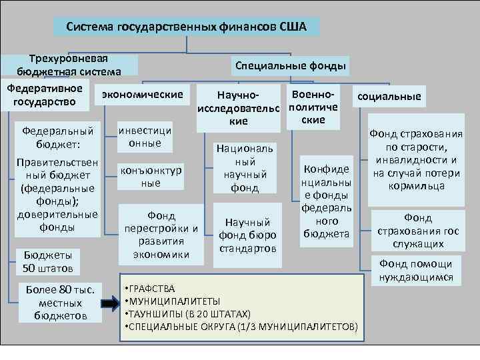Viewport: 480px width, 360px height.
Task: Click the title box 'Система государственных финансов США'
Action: tap(186, 27)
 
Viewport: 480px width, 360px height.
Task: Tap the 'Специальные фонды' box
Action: tap(289, 65)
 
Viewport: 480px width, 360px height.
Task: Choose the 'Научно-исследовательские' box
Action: tap(238, 107)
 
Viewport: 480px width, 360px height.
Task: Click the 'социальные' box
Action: tap(389, 97)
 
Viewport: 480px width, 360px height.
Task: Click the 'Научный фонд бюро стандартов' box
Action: tap(247, 235)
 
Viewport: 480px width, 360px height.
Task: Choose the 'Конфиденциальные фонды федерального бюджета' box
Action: tap(326, 200)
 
